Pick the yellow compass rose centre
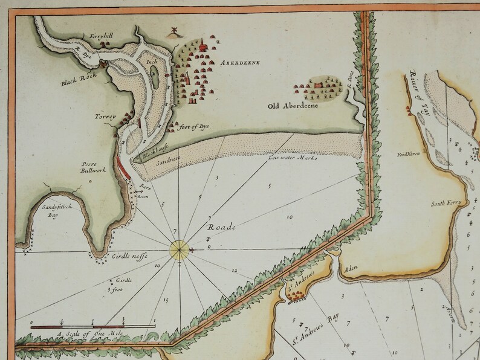pos(180,248)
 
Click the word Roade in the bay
pos(220,228)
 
